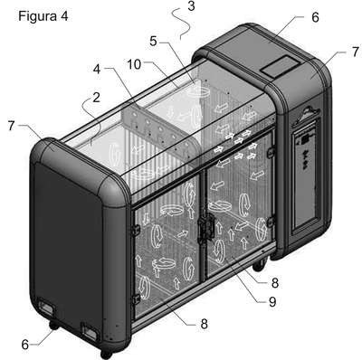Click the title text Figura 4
[x=43, y=16]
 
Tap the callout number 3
[x=191, y=6]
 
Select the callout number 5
[x=154, y=42]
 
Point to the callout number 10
[x=134, y=64]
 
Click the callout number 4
[x=97, y=70]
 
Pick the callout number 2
[x=96, y=98]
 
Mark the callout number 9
[x=272, y=301]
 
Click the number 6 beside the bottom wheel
[x=25, y=345]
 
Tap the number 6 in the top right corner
[x=315, y=17]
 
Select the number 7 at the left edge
[x=11, y=126]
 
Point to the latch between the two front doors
[x=206, y=229]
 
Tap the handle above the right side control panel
[x=307, y=114]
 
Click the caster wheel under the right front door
[x=259, y=265]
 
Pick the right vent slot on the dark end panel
[x=90, y=331]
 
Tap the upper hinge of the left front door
[x=136, y=230]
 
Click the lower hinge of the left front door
[x=136, y=299]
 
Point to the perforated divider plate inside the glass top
[x=160, y=133]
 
